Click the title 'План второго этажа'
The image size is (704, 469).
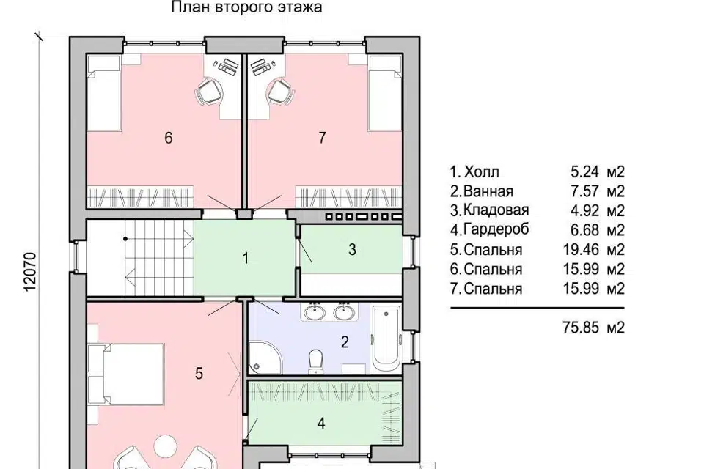coord(246,7)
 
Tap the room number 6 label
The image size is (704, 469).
coord(169,138)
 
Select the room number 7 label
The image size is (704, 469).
coord(322,138)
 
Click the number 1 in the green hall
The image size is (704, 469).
coord(245,258)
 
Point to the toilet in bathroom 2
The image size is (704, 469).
coord(316,361)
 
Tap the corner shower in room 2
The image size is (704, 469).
coord(265,358)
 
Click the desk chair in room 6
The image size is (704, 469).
coord(209,92)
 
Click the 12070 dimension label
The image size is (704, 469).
coord(30,272)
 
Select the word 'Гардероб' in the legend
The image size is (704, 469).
coord(496,229)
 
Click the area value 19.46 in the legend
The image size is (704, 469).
coord(581,250)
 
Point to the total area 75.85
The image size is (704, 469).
coord(581,328)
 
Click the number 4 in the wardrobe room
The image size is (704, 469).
coord(321,424)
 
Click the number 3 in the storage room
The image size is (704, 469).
coord(353,250)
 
